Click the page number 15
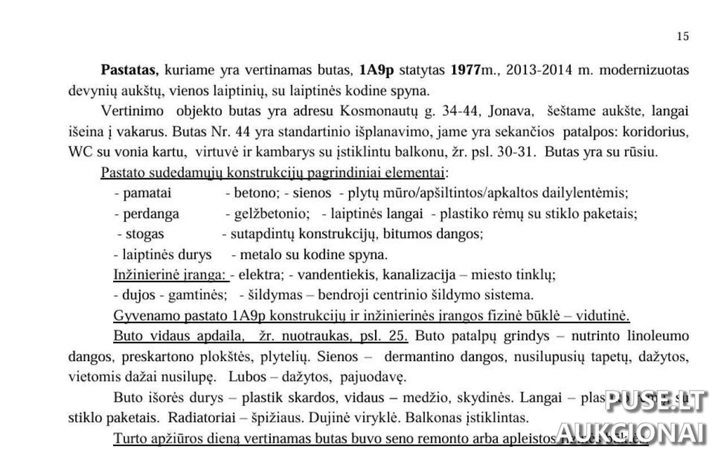[x=683, y=36]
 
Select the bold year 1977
[x=464, y=71]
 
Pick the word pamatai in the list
[x=147, y=193]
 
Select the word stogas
[x=145, y=234]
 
